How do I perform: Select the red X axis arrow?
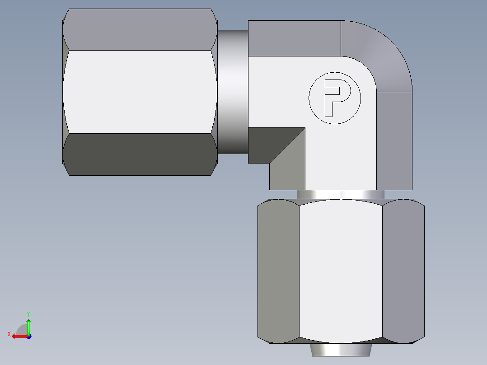18,336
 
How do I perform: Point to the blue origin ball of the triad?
28,336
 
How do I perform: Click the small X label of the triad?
9,334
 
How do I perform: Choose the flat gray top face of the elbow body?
294,38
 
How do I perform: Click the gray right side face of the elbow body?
394,140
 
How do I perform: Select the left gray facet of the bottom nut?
278,271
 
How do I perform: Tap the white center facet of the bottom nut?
341,271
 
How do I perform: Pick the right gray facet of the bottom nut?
403,271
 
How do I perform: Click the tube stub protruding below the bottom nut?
341,350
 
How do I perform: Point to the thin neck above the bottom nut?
341,194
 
